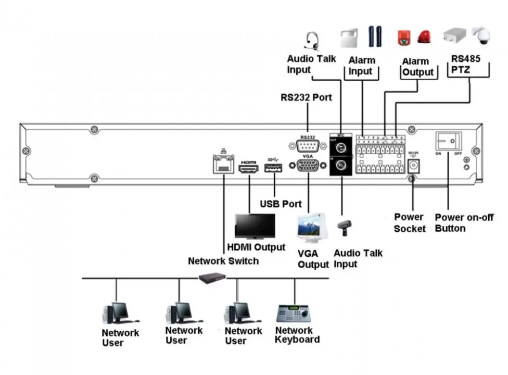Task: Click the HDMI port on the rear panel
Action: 248,168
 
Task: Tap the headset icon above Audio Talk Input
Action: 311,40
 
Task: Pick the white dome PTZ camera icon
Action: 481,35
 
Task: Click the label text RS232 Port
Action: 306,97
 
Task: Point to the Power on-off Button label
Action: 464,222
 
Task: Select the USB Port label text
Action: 281,204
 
